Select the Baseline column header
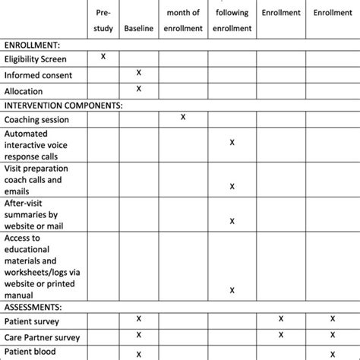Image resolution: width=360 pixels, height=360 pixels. pyautogui.click(x=138, y=28)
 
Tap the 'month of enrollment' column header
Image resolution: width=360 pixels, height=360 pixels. pyautogui.click(x=183, y=21)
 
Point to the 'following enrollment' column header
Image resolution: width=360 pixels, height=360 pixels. pyautogui.click(x=232, y=21)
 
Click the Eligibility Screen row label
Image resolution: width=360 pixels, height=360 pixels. pyautogui.click(x=35, y=59)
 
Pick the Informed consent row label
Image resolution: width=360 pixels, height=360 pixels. pyautogui.click(x=38, y=75)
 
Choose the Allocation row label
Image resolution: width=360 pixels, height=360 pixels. pyautogui.click(x=24, y=91)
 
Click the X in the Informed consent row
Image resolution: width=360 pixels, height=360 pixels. pyautogui.click(x=138, y=73)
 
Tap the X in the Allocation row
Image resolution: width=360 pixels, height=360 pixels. pyautogui.click(x=138, y=89)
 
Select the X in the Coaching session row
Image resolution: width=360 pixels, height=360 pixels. pyautogui.click(x=183, y=117)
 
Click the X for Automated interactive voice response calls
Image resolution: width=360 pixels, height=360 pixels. pyautogui.click(x=232, y=143)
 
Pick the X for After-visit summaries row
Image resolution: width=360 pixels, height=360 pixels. pyautogui.click(x=232, y=221)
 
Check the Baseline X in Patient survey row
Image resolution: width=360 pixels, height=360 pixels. pyautogui.click(x=138, y=319)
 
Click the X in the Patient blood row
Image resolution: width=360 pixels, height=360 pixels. pyautogui.click(x=138, y=354)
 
